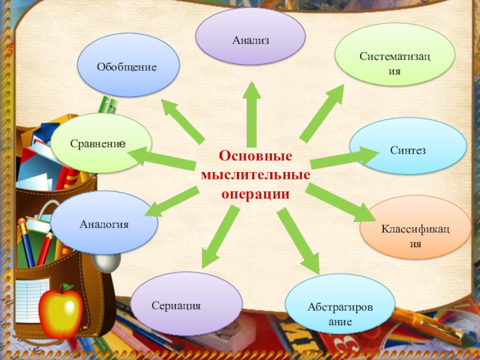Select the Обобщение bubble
(128, 65)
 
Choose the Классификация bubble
(415, 227)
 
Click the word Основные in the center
(256, 155)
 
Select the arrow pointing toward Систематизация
(323, 111)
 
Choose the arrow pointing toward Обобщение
(182, 120)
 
